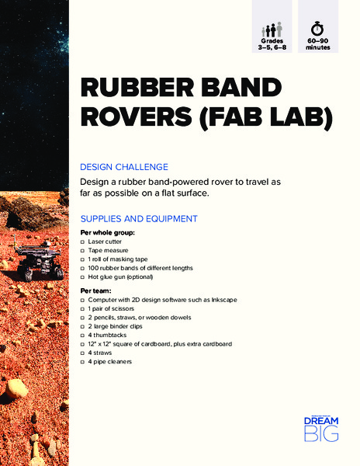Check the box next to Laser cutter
[83, 242]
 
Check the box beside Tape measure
[83, 250]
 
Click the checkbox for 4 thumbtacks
[83, 335]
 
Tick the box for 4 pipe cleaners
[83, 362]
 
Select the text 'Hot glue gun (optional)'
[120, 276]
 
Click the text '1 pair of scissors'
[115, 308]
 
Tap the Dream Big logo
[320, 428]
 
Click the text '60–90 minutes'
[318, 43]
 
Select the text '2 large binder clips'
[117, 326]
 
